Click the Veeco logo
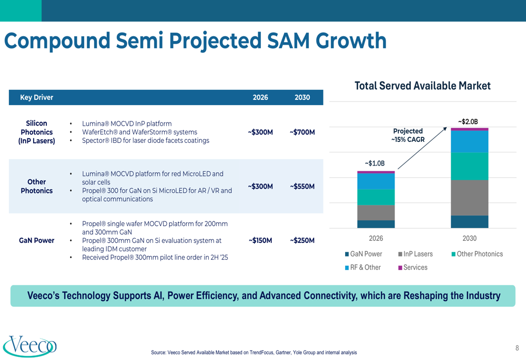[x=29, y=346]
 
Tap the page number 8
[x=517, y=348]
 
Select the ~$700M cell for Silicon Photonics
[x=302, y=132]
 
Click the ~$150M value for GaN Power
[x=261, y=240]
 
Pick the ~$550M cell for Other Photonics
[x=302, y=187]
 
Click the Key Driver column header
[x=37, y=97]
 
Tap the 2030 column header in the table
[x=302, y=97]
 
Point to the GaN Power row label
[x=37, y=240]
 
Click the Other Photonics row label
[x=37, y=186]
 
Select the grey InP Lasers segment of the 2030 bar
[x=469, y=198]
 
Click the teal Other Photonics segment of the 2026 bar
[x=376, y=197]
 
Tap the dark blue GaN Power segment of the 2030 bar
[x=469, y=222]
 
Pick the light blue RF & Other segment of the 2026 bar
[x=376, y=181]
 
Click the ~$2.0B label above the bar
[x=468, y=121]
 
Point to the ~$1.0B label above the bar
[x=375, y=163]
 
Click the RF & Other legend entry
[x=362, y=268]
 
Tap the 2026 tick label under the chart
[x=376, y=238]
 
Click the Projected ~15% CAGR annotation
[x=408, y=135]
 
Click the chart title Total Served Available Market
[x=423, y=86]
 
